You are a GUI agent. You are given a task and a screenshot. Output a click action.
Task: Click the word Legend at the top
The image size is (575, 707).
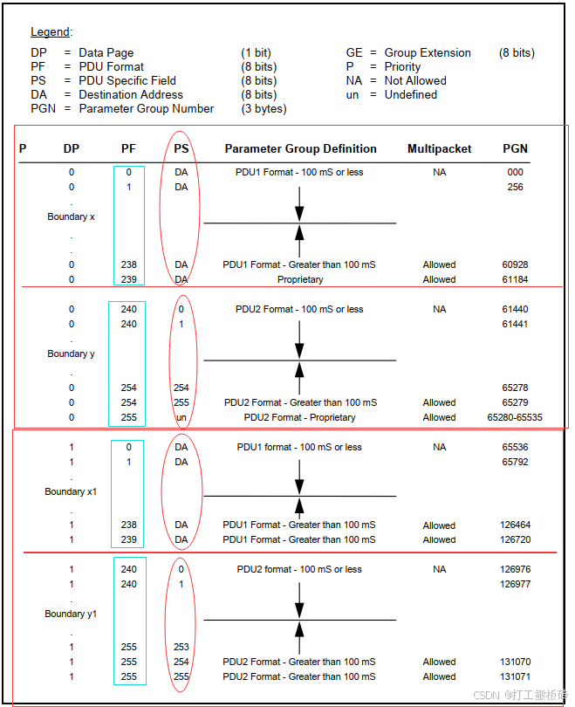coord(51,32)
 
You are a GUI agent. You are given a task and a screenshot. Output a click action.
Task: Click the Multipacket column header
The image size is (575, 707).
coord(439,148)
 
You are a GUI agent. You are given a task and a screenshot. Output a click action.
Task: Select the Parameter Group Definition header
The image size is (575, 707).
coord(300,148)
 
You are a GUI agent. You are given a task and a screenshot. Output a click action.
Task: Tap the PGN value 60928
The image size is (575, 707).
coord(515,264)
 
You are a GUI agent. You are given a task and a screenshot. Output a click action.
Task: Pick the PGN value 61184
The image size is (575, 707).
coord(515,279)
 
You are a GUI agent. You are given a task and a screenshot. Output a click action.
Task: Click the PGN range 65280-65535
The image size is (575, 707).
coord(514,417)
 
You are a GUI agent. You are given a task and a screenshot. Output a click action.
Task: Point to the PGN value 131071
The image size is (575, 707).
coord(515,676)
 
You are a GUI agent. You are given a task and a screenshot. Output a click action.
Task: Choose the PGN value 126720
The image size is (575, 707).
coord(515,539)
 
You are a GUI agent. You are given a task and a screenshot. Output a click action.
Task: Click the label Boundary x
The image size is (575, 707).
coord(71,216)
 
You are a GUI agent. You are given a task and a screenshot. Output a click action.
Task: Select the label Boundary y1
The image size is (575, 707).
coord(71,614)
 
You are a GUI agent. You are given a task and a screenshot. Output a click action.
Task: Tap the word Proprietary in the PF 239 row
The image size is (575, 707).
coord(300,279)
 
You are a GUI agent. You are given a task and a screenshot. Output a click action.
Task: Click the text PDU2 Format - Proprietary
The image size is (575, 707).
coord(300,417)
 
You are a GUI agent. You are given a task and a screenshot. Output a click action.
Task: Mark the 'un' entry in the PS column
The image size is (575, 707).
coord(181,417)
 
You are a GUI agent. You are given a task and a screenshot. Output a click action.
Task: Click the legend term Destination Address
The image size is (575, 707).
coord(131,94)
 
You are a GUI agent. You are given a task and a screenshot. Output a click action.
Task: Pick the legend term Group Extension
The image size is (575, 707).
coord(428,52)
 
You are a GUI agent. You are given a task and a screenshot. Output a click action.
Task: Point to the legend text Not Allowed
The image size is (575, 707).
coord(415,80)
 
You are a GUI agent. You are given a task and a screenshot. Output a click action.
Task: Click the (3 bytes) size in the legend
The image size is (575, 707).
coord(264,108)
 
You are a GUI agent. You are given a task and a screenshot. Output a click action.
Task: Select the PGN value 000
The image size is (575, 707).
coord(515,172)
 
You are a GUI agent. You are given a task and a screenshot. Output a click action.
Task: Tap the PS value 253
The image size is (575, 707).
coord(181,647)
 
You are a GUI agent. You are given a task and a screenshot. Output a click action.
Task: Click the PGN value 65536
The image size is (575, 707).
coord(515,447)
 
